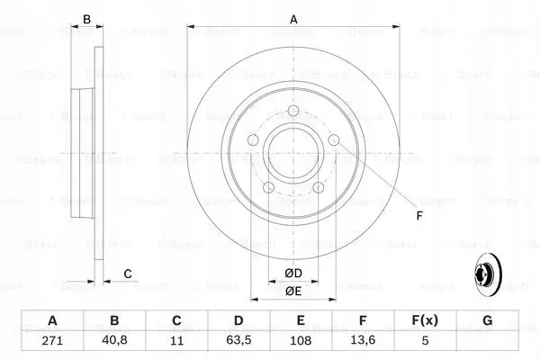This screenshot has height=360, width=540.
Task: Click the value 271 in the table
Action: (52, 341)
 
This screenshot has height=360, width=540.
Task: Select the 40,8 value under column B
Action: (114, 340)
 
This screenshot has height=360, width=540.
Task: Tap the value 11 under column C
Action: (176, 341)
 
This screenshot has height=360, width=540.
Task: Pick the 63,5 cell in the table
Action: (238, 340)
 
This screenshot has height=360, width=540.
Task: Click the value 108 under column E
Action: (301, 341)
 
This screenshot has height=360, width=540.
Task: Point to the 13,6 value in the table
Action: (363, 340)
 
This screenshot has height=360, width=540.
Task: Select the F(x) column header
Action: (425, 320)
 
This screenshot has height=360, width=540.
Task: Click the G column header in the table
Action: (487, 320)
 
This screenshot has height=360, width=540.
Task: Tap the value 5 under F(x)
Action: (425, 341)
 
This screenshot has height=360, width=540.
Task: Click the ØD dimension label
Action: (293, 274)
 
